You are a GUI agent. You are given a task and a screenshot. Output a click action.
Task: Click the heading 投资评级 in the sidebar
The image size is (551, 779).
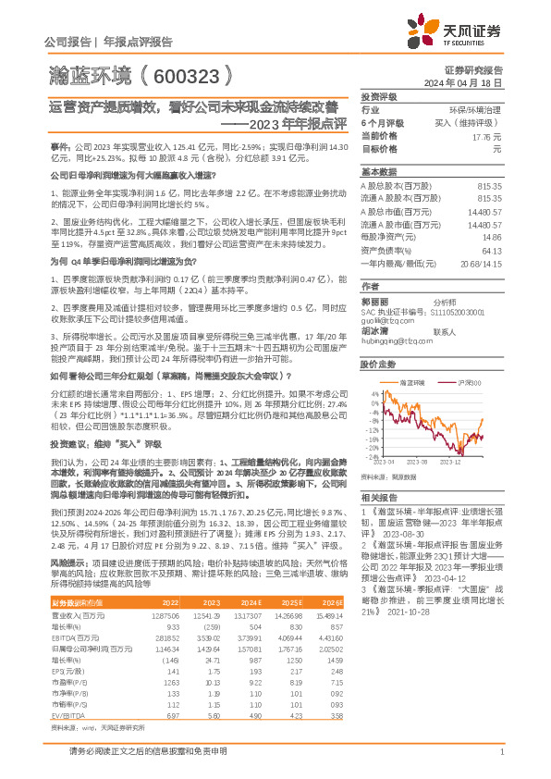pyautogui.click(x=379, y=96)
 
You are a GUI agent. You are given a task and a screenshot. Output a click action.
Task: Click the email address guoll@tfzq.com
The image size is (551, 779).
pyautogui.click(x=387, y=320)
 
